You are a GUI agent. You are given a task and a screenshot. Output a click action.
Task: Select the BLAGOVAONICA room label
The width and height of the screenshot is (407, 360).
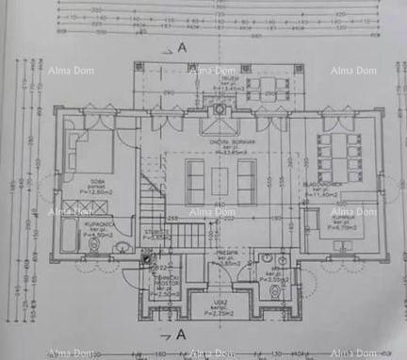click(x=334, y=186)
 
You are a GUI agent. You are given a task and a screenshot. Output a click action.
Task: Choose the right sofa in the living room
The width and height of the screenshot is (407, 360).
click(x=246, y=181)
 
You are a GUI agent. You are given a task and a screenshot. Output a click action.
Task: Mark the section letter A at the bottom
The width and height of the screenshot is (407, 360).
click(x=179, y=335)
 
